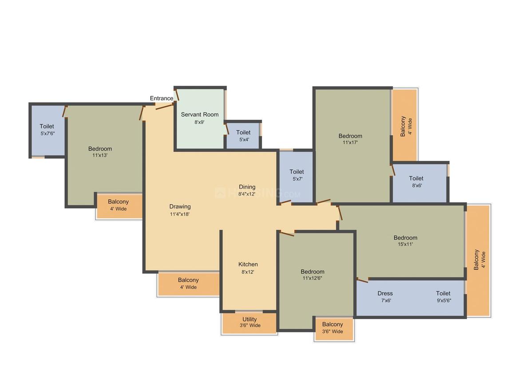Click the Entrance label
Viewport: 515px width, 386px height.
tap(162, 98)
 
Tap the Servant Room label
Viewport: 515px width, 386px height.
tap(200, 114)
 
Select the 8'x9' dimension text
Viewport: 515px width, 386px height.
tap(199, 122)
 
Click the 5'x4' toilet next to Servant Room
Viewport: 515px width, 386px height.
tap(243, 136)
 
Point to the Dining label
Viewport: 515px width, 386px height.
tap(247, 187)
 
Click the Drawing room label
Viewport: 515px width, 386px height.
tap(180, 206)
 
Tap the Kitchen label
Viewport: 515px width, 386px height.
tap(248, 264)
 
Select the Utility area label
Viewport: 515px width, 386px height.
tap(250, 319)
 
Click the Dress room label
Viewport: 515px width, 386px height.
tap(385, 293)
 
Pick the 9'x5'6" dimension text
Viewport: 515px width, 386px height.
tap(444, 300)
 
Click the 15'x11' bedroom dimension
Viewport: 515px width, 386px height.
tap(405, 244)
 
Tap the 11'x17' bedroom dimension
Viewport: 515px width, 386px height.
tap(350, 143)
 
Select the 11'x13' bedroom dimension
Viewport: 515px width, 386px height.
tap(100, 156)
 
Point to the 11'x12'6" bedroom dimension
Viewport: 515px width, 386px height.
tap(313, 279)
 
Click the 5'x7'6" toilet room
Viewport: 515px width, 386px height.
tap(47, 130)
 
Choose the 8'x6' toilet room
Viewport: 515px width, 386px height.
tap(416, 182)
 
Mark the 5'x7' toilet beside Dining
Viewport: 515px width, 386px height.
tap(297, 176)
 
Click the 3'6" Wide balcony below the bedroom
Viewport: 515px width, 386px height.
tap(333, 328)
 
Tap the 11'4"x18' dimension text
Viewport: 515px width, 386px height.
tap(180, 214)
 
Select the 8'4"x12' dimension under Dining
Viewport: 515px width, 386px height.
tap(247, 194)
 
